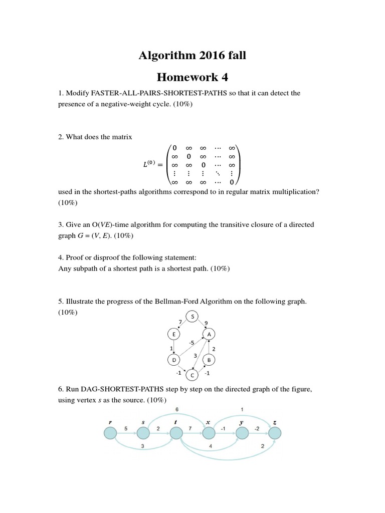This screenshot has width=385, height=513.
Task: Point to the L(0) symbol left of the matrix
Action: (x=150, y=164)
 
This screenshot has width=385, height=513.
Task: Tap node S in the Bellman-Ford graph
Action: (x=192, y=316)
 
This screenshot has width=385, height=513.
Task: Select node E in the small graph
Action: (x=173, y=335)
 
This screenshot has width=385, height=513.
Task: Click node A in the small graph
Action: (x=209, y=335)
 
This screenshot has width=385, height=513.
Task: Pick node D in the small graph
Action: (x=173, y=360)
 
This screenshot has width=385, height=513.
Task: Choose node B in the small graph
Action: (x=209, y=360)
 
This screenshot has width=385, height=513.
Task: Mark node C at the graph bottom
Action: (x=191, y=374)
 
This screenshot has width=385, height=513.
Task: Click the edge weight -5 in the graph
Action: (x=191, y=343)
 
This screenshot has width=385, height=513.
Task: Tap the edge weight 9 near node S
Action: (x=207, y=323)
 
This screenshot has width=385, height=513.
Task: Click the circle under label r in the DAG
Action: (x=110, y=432)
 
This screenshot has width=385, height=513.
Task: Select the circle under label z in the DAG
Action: (x=274, y=432)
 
